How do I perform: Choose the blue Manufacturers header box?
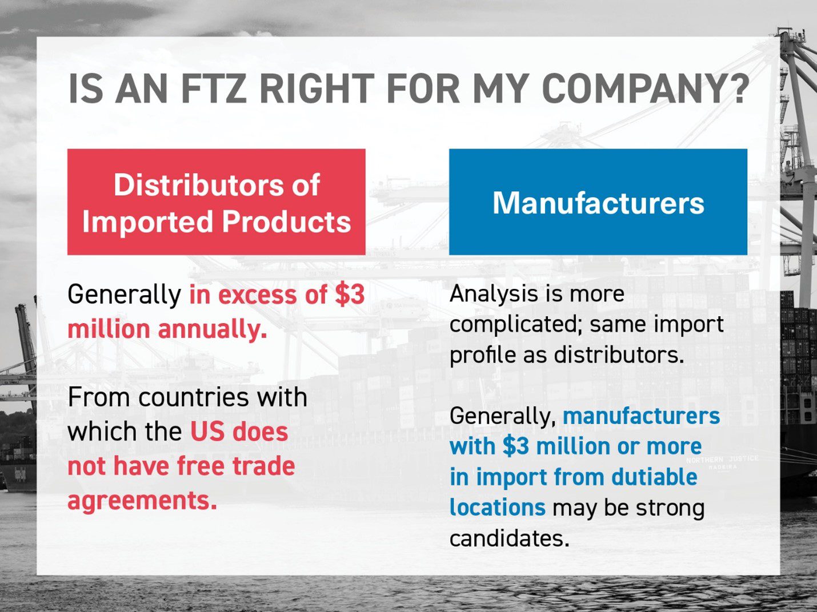(598, 202)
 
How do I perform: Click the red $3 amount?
(349, 295)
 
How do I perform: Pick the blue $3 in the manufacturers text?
(516, 446)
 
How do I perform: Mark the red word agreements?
(142, 500)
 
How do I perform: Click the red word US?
(207, 432)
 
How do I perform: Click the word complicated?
(515, 325)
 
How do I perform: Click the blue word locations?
(497, 508)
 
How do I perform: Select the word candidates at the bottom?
(509, 538)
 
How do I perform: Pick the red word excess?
(258, 295)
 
